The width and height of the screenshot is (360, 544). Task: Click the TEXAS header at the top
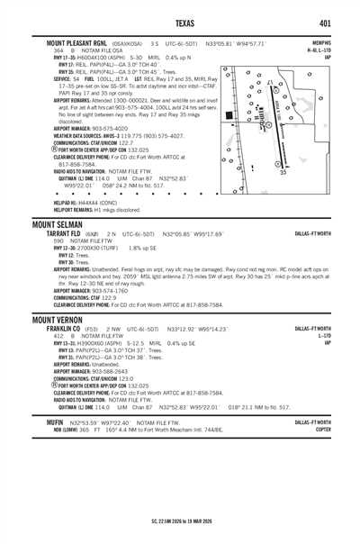[x=180, y=22]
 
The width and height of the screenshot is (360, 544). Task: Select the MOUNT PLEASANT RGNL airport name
[x=71, y=43]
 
